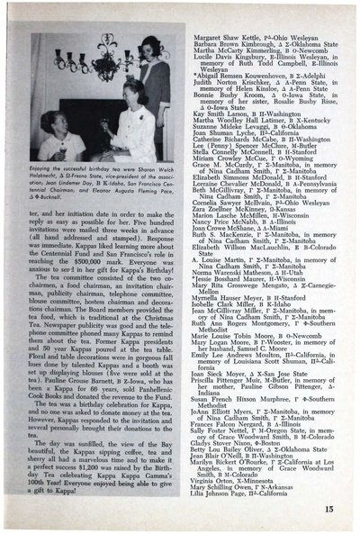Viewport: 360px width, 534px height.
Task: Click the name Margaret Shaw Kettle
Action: click(215, 13)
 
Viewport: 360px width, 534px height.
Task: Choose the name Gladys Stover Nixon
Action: click(219, 448)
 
